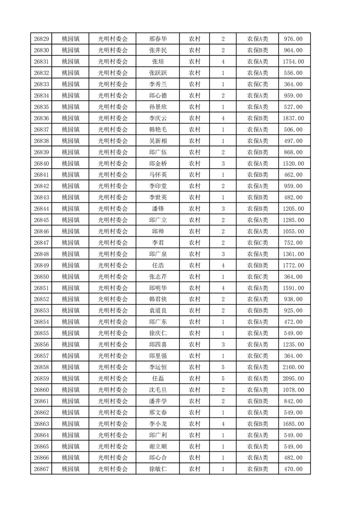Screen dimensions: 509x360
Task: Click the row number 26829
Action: tap(41, 39)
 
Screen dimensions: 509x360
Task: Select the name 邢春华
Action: tap(158, 39)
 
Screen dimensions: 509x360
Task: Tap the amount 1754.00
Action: tap(293, 62)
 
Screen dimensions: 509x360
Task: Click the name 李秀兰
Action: tap(158, 84)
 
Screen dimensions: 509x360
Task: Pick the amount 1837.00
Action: tap(293, 118)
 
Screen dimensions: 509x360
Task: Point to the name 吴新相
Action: tap(158, 141)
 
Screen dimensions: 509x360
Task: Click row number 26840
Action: tap(41, 163)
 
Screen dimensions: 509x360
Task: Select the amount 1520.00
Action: tap(293, 163)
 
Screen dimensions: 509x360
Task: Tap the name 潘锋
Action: tap(158, 209)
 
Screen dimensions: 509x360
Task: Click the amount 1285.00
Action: tap(293, 220)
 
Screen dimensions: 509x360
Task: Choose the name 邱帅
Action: tap(158, 231)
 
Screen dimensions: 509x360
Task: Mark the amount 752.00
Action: tap(293, 243)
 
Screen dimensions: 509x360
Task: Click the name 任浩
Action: tap(158, 265)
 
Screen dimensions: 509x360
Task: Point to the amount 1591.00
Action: tap(293, 288)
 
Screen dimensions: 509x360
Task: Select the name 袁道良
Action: tap(158, 311)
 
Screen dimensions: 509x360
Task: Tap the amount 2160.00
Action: tap(293, 367)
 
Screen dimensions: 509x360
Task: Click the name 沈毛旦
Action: tap(158, 390)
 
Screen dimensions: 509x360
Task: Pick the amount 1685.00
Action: tap(293, 424)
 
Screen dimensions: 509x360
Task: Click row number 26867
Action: tap(41, 469)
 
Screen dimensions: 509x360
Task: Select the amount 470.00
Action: tap(293, 469)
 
